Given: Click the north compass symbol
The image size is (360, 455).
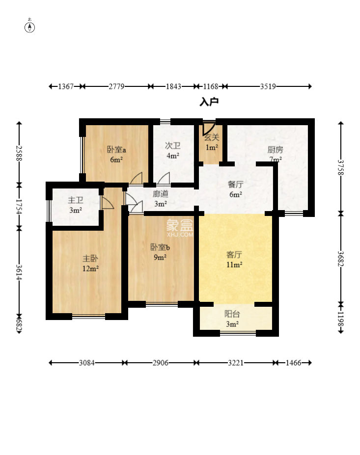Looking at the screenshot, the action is [x=29, y=27].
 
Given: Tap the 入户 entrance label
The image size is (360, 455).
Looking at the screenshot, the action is [x=209, y=102].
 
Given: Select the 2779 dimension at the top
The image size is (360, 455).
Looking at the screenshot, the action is [x=116, y=86].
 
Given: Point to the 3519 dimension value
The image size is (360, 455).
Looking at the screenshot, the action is [x=268, y=86].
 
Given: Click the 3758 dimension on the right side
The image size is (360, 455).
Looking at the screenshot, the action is [x=340, y=167].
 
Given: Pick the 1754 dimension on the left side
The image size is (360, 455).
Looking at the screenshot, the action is [x=19, y=207].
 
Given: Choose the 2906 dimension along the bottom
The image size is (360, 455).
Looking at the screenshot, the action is [x=160, y=363].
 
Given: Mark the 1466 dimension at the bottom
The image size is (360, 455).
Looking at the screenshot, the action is [x=293, y=363].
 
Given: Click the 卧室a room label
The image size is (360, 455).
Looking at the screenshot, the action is [x=116, y=150].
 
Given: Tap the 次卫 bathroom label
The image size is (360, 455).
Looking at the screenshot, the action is [x=172, y=145].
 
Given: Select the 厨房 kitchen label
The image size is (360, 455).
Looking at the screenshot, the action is [x=275, y=150].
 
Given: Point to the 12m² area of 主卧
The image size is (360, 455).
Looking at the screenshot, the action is [x=90, y=268].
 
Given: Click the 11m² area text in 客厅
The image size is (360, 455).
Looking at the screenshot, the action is [x=234, y=265].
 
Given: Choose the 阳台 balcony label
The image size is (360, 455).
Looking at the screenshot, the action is [x=232, y=314].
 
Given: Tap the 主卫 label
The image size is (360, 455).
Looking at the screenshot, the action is [x=76, y=200].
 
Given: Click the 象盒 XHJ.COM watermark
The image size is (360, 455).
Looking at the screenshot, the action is [x=180, y=228].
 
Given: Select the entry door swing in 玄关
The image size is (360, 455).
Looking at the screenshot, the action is [x=208, y=129].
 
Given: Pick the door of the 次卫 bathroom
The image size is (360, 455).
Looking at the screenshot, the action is [x=164, y=179].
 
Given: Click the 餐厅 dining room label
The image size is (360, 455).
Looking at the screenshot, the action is [x=235, y=185].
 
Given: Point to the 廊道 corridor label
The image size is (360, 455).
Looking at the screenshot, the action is [x=160, y=194].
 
